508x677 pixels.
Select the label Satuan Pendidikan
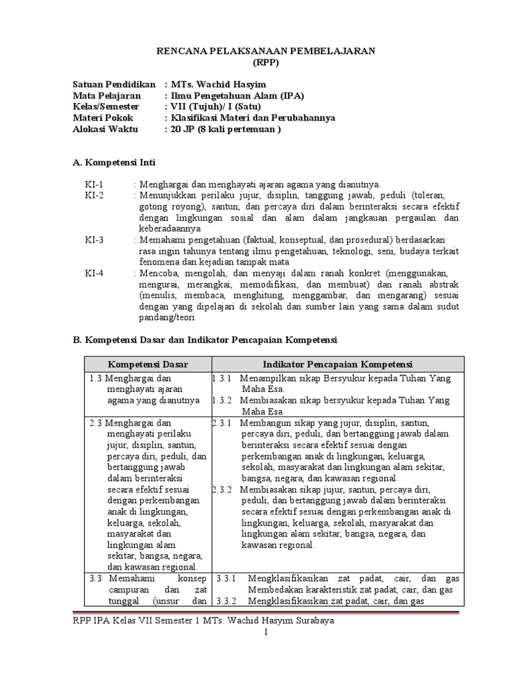tap(114, 85)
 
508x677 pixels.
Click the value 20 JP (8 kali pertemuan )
tap(226, 130)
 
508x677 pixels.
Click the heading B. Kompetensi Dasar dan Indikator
tap(204, 340)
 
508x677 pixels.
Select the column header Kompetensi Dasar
tap(148, 364)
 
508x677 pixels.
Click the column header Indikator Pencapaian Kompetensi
tap(338, 364)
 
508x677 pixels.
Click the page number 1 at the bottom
tap(265, 633)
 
